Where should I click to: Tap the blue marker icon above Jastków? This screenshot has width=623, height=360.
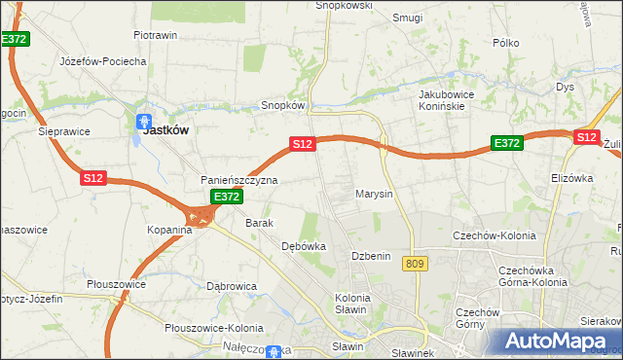(x=142, y=123)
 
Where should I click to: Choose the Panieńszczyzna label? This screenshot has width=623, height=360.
(x=239, y=180)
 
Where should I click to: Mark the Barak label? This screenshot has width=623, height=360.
(x=259, y=223)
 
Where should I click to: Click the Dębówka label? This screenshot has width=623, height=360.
(x=303, y=246)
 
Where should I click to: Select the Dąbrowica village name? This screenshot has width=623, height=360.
(x=232, y=286)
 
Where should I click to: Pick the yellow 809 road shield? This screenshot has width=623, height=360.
(x=418, y=264)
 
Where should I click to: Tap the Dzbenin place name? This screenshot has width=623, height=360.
(x=371, y=255)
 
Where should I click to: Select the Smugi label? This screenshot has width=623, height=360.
(x=407, y=18)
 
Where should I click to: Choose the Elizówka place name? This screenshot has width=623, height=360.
(x=572, y=178)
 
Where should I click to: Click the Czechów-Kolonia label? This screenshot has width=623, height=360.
(x=491, y=234)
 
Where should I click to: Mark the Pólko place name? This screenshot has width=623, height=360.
(x=507, y=43)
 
